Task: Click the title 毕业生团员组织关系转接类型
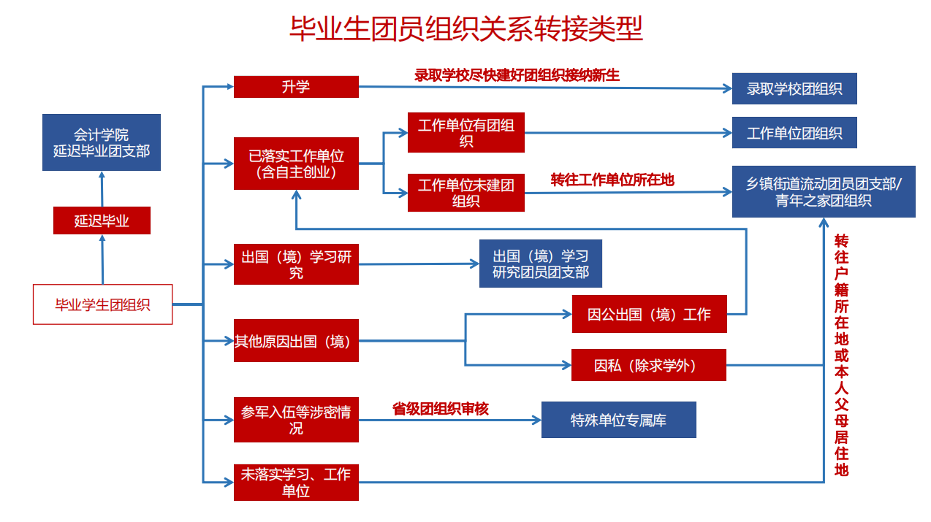point(465,30)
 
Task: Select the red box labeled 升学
point(296,87)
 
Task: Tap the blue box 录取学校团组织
point(794,89)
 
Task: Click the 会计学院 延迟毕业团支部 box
point(101,142)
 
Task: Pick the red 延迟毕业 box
point(102,220)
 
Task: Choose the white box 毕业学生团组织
point(102,304)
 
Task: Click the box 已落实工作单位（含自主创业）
point(296,164)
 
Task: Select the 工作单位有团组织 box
point(465,133)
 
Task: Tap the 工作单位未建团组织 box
point(465,193)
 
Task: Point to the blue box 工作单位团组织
point(794,133)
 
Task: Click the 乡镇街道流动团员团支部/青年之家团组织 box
point(823,191)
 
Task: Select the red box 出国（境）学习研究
point(296,264)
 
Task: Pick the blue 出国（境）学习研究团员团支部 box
point(540,264)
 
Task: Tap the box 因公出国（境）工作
point(649,314)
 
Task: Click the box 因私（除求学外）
point(648,365)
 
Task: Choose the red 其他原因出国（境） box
point(296,340)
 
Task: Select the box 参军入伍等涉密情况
point(296,421)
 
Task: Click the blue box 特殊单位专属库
point(618,420)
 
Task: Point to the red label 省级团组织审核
point(440,410)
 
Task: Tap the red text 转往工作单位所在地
point(612,180)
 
